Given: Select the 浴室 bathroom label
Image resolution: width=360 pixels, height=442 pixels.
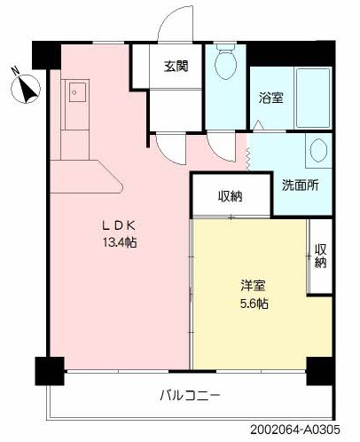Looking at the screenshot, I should (x=270, y=98).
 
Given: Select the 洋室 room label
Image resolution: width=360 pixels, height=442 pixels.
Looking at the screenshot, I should (x=252, y=286).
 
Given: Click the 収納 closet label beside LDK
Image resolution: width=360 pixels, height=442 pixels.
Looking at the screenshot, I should (x=231, y=196).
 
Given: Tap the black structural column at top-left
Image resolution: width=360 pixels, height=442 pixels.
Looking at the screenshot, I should (x=48, y=56).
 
